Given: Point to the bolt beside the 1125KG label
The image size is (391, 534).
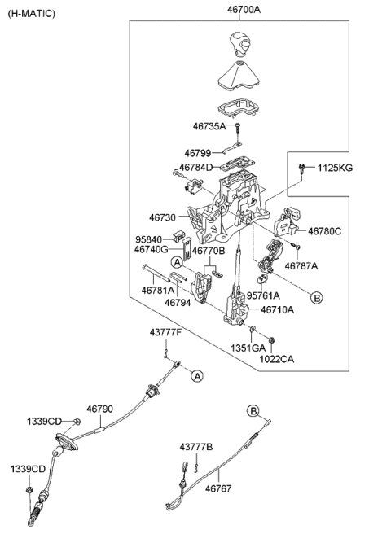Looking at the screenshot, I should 302,168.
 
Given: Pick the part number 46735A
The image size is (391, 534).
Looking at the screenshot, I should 210,127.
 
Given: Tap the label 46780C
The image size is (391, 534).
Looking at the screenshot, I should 324,231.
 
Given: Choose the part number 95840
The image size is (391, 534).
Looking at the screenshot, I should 151,240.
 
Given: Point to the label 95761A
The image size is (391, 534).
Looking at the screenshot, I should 263,295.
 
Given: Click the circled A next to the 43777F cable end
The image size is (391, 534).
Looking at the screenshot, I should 196,375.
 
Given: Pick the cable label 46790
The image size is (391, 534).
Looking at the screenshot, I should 100,409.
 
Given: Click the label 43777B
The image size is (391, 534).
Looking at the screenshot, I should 197,447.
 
